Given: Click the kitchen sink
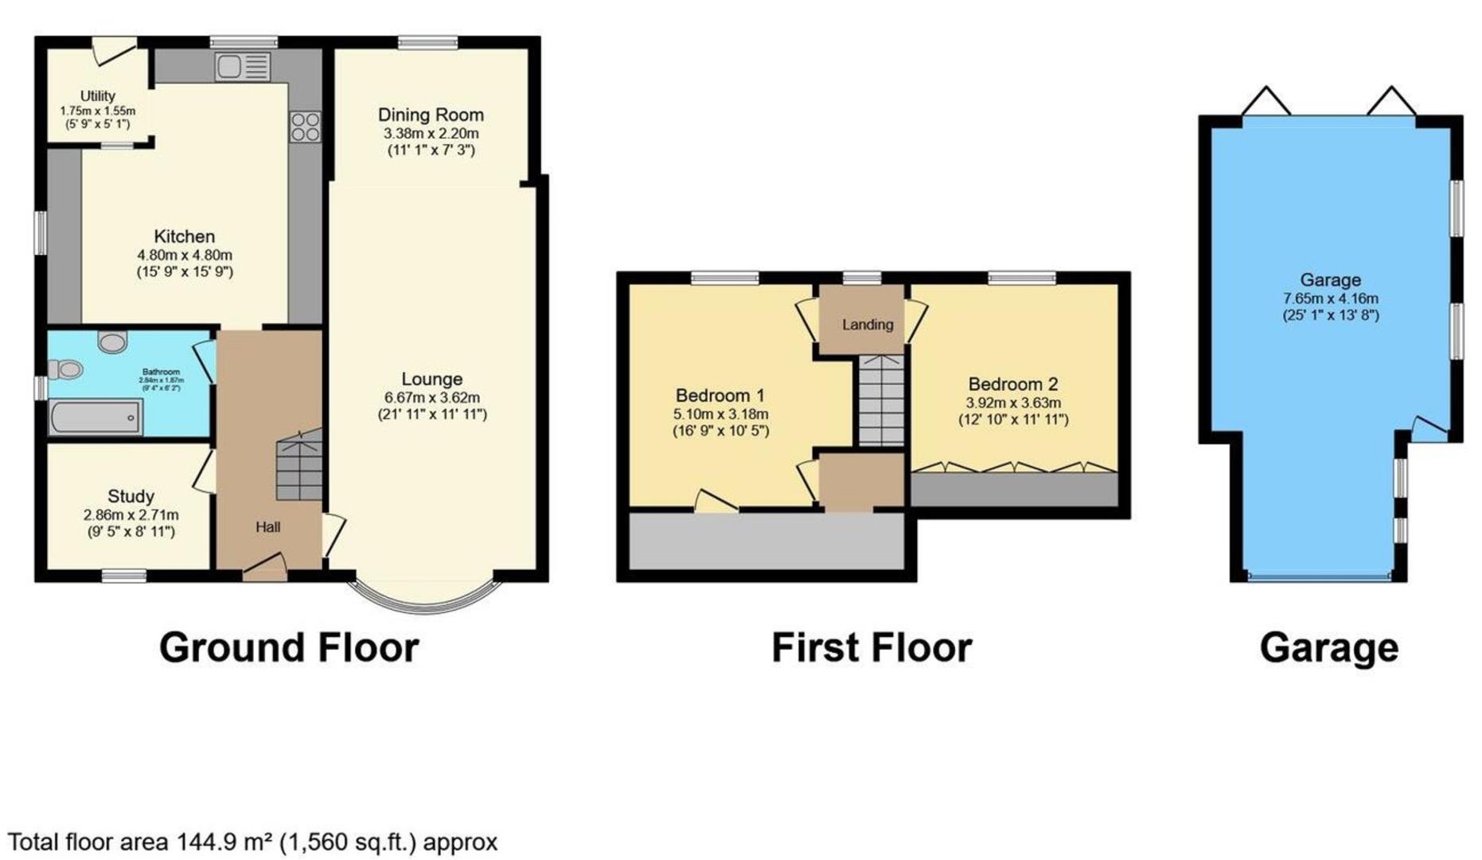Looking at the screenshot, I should click(x=242, y=67).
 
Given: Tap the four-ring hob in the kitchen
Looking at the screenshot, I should click(x=305, y=127).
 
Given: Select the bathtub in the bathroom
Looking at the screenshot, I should click(x=96, y=417).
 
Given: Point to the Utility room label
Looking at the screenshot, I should click(x=97, y=96).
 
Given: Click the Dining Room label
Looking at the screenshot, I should click(x=431, y=115).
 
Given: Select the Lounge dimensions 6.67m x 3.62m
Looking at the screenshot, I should click(x=431, y=397).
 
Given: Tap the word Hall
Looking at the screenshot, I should click(x=267, y=527).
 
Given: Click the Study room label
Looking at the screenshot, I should click(x=131, y=497).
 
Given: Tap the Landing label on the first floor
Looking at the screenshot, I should click(x=868, y=325).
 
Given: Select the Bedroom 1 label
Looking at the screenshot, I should click(x=720, y=396).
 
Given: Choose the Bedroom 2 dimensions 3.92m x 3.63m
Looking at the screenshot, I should click(x=1012, y=404).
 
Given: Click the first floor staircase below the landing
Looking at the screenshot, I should click(x=881, y=401).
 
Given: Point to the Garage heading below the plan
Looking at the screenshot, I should click(x=1328, y=648).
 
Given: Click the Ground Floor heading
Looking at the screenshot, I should click(x=289, y=647).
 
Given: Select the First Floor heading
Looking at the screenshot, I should click(x=872, y=647).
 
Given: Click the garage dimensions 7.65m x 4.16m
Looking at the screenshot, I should click(x=1330, y=299).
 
